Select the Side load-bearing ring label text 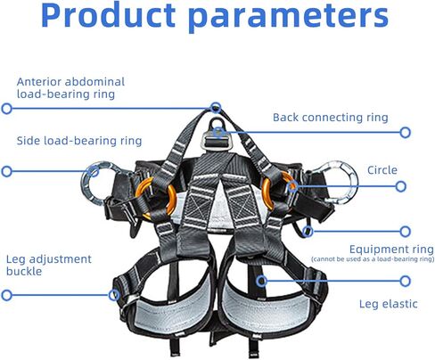[79, 140]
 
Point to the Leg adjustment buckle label [48, 266]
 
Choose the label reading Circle [382, 170]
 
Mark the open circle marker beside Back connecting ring [406, 133]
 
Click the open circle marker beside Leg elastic [406, 281]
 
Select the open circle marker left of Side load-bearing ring [7, 171]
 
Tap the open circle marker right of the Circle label [406, 186]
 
